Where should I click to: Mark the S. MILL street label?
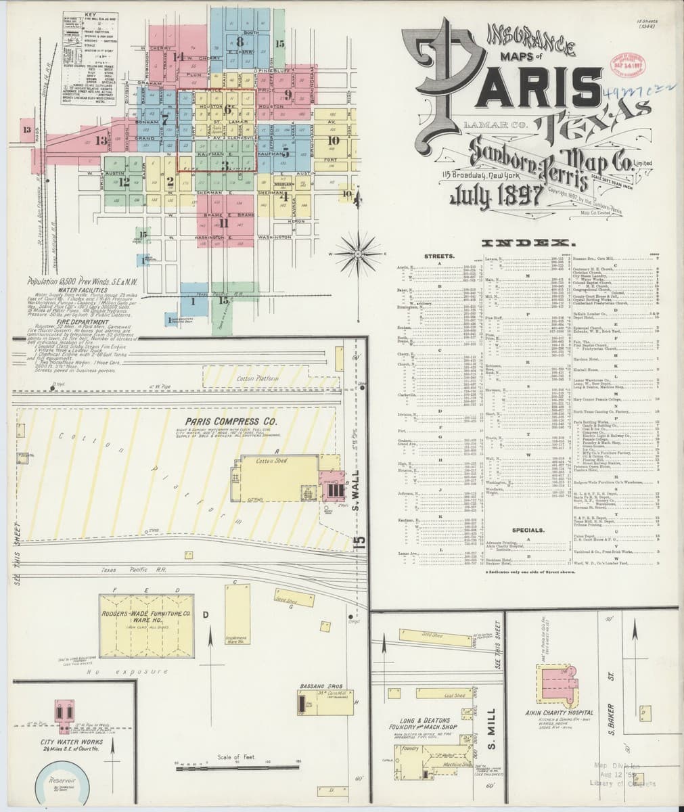[x=492, y=721]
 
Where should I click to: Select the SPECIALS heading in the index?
[x=528, y=530]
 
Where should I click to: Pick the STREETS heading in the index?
[x=439, y=257]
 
